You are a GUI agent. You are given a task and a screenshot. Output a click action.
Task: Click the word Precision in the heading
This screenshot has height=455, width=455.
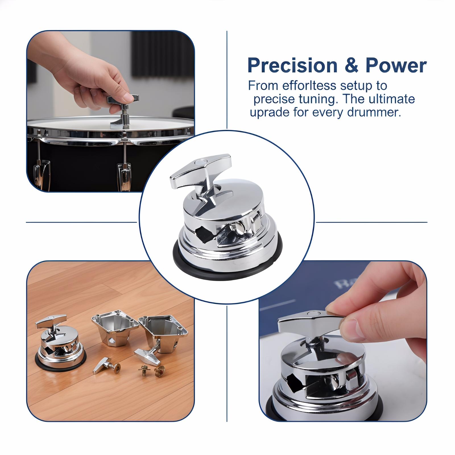point(292,66)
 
